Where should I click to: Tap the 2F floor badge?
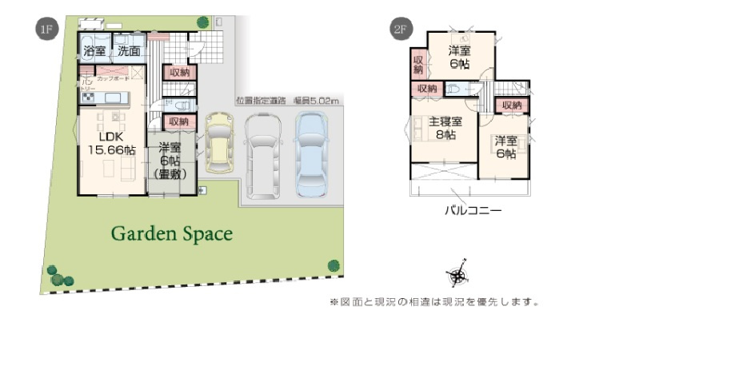[x=401, y=29]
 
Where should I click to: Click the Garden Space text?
[x=171, y=234]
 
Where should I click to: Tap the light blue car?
[x=311, y=153]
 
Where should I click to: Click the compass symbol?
[x=457, y=276]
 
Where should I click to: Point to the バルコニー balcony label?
[x=473, y=212]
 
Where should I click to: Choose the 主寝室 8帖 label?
[x=445, y=129]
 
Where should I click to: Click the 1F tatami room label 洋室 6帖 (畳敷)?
[x=170, y=160]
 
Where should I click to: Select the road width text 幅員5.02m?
[x=317, y=101]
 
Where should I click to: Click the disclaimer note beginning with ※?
[x=434, y=302]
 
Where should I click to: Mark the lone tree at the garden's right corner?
[x=334, y=265]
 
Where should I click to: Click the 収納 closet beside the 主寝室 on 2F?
[x=427, y=89]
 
